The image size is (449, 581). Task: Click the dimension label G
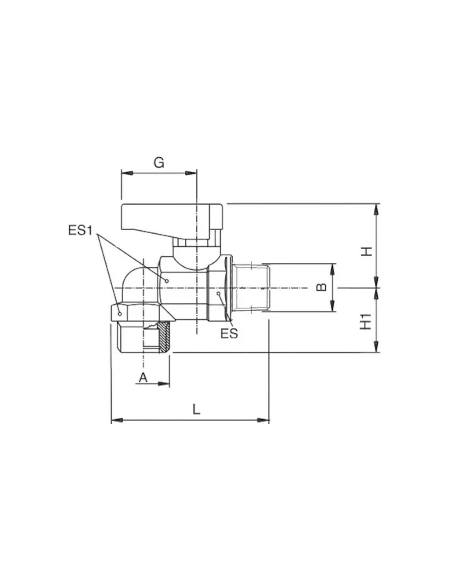(159, 163)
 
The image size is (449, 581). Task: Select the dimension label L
(197, 409)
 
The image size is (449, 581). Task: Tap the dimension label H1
(366, 322)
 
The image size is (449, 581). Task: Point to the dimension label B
(321, 287)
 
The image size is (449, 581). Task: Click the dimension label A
(143, 378)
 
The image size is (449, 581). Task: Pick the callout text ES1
(80, 230)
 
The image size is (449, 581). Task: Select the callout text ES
(229, 333)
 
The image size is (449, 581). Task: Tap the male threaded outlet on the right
(251, 287)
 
